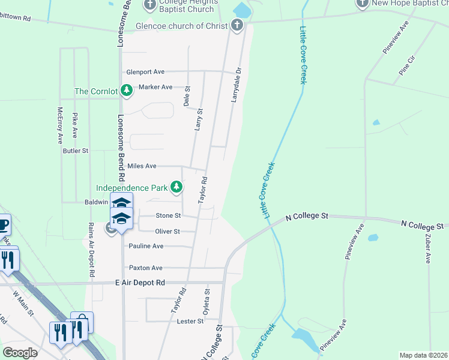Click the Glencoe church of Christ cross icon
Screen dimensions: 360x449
237,25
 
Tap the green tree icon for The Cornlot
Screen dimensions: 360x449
126,91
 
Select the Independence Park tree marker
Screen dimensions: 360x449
176,187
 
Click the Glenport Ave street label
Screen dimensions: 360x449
145,72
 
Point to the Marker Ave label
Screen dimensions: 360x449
155,87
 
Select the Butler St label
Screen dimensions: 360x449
76,151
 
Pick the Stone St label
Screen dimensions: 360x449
168,215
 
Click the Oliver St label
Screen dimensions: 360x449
167,231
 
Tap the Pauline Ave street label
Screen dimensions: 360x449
146,246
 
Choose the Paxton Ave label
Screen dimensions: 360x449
146,268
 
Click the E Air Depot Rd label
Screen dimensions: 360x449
140,282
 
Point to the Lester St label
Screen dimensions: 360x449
190,322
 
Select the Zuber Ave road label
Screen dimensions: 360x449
429,248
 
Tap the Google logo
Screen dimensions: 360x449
20,352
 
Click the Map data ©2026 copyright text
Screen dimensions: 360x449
423,355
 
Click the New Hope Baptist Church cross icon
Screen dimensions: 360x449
362,4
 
